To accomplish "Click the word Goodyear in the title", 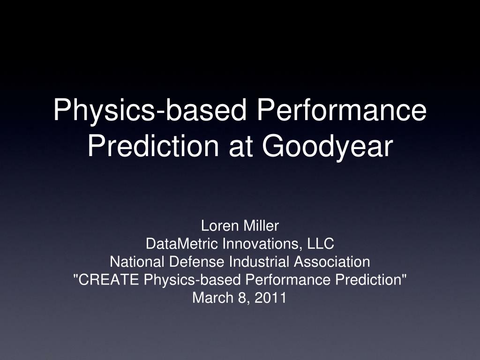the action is (x=327, y=147).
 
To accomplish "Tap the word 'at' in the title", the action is (x=240, y=147).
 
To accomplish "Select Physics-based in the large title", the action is (x=150, y=111).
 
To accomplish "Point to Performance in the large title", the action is (x=342, y=110).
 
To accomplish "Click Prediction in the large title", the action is (x=153, y=146).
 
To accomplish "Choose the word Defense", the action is (x=196, y=262).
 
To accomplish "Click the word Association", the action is (x=332, y=262).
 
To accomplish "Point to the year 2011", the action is (x=270, y=298).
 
